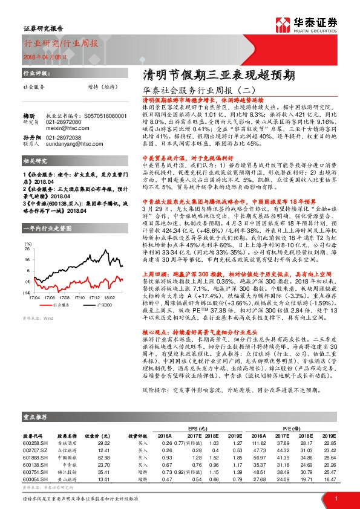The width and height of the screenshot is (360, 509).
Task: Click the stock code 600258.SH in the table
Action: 33,444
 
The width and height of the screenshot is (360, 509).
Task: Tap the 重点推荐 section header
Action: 36,417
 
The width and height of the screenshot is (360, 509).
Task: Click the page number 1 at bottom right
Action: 335,499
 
